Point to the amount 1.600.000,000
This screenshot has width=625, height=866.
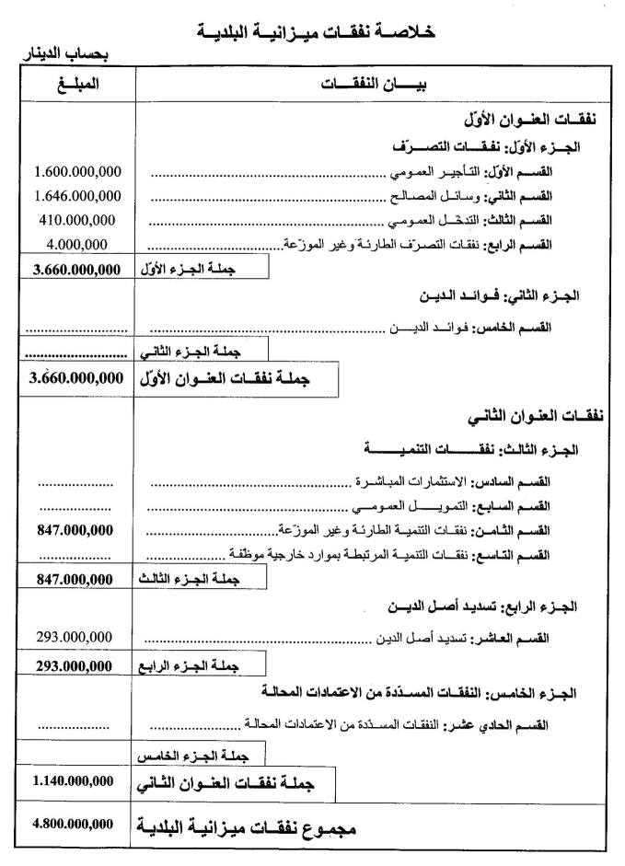[77, 172]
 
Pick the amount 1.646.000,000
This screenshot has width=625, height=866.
[77, 195]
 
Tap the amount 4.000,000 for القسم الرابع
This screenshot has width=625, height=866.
[76, 244]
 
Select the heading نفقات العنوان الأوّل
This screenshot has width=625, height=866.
[534, 120]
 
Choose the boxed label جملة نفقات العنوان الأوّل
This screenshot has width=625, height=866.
[234, 379]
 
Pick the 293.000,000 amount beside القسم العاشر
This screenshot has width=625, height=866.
[76, 638]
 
